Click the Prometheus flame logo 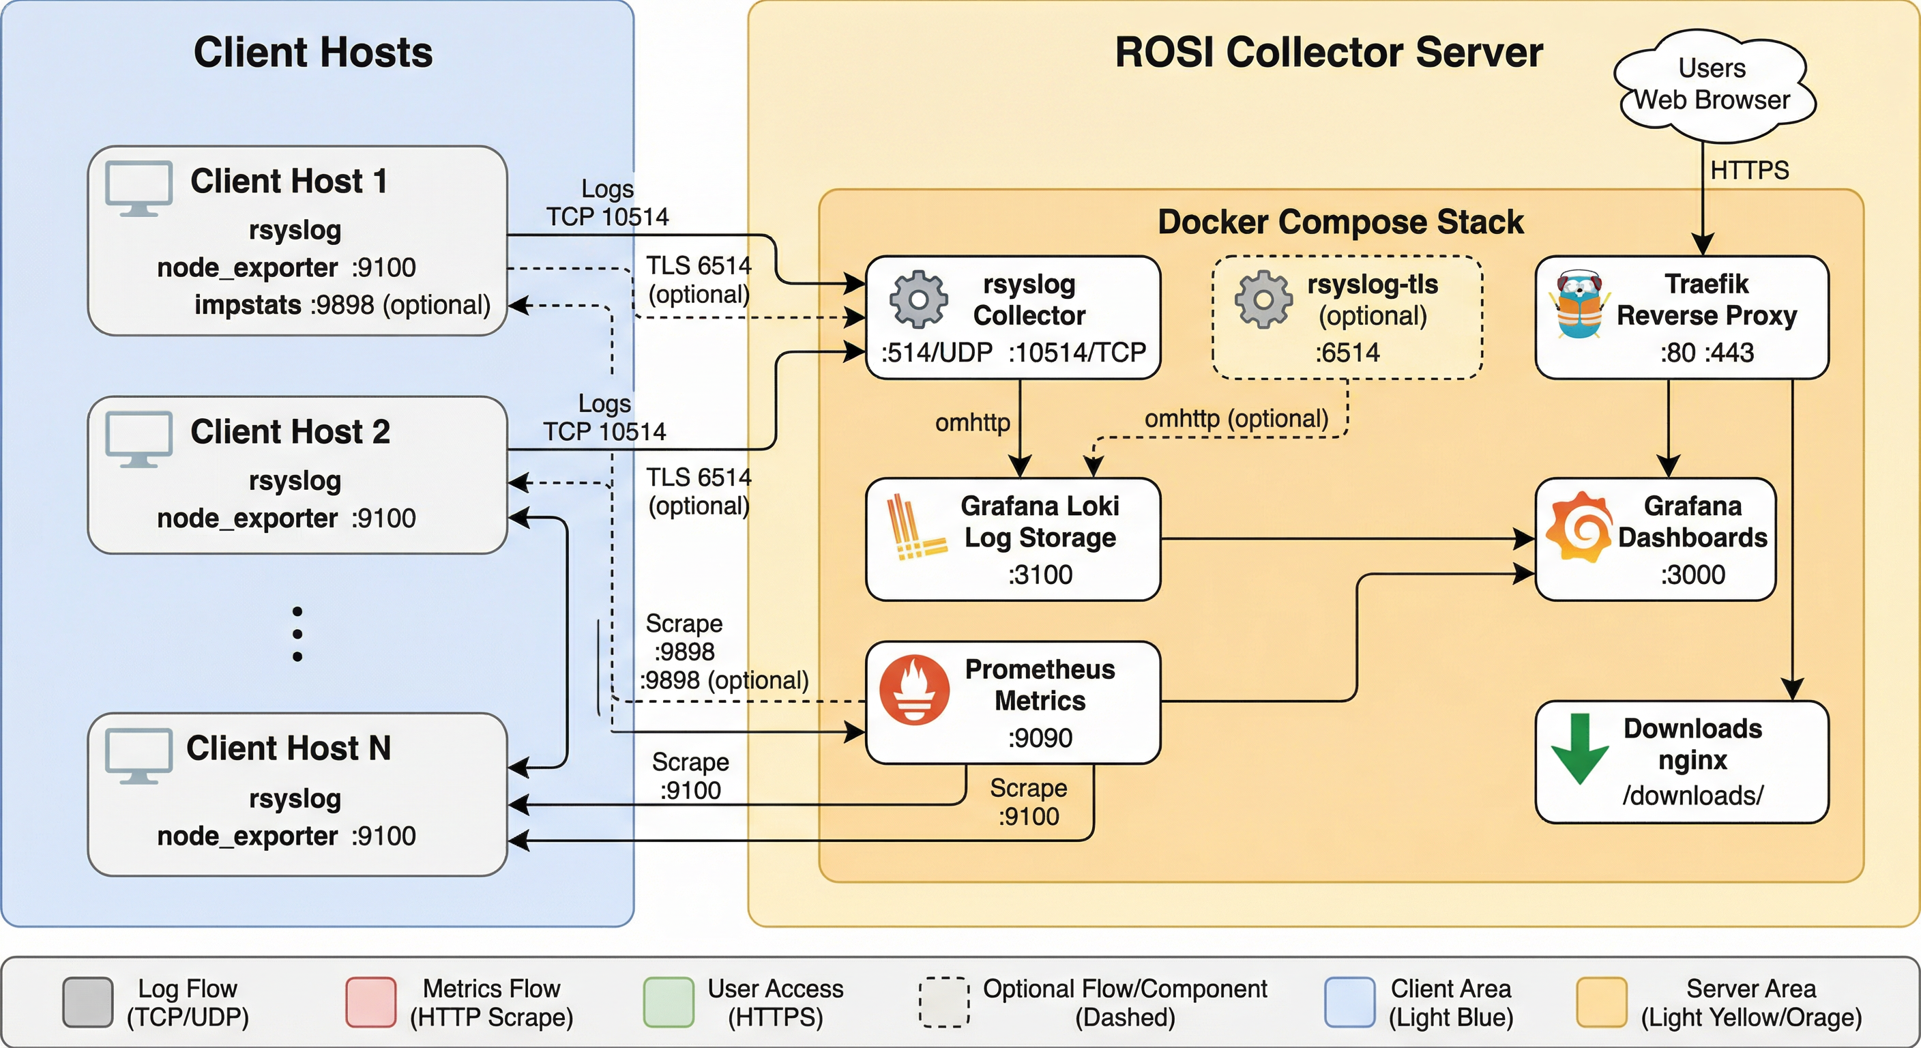coord(914,690)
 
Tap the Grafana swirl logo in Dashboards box coord(1575,528)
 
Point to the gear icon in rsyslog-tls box coord(1263,299)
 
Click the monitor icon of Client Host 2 coord(138,439)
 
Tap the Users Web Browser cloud coord(1713,85)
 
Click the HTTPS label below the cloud coord(1748,170)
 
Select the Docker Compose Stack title coord(1340,222)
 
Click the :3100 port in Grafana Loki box coord(1040,574)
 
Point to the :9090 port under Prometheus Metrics coord(1040,738)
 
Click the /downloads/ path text coord(1692,795)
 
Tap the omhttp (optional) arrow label coord(1235,418)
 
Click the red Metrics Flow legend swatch coord(370,1002)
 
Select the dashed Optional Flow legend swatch coord(943,1002)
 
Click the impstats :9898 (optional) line coord(342,305)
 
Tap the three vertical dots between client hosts coord(297,634)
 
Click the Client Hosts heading coord(313,53)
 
